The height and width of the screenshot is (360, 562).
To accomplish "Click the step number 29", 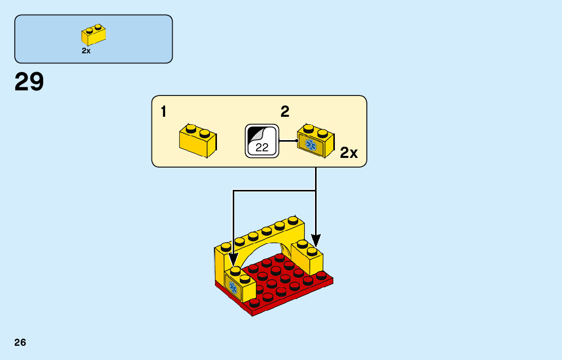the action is click(29, 82).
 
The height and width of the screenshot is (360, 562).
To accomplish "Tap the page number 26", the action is click(20, 342).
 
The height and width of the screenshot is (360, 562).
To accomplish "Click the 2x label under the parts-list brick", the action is click(86, 51).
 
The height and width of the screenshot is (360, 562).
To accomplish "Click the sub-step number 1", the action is click(163, 112).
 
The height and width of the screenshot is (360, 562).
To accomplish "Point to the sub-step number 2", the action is click(285, 112).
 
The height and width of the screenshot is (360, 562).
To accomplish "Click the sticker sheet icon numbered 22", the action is click(262, 140).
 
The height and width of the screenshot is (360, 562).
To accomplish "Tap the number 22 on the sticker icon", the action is click(262, 148).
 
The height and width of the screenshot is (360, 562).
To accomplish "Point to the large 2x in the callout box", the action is click(349, 153).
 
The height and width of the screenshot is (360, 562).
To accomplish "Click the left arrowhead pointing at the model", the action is click(233, 259).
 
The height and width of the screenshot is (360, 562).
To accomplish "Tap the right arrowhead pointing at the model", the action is click(316, 240).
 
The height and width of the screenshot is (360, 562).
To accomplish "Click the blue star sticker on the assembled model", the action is click(234, 288).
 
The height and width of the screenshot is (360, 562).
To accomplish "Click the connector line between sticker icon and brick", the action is click(288, 140).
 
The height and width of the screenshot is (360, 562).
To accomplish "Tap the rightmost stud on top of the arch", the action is click(292, 220).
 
